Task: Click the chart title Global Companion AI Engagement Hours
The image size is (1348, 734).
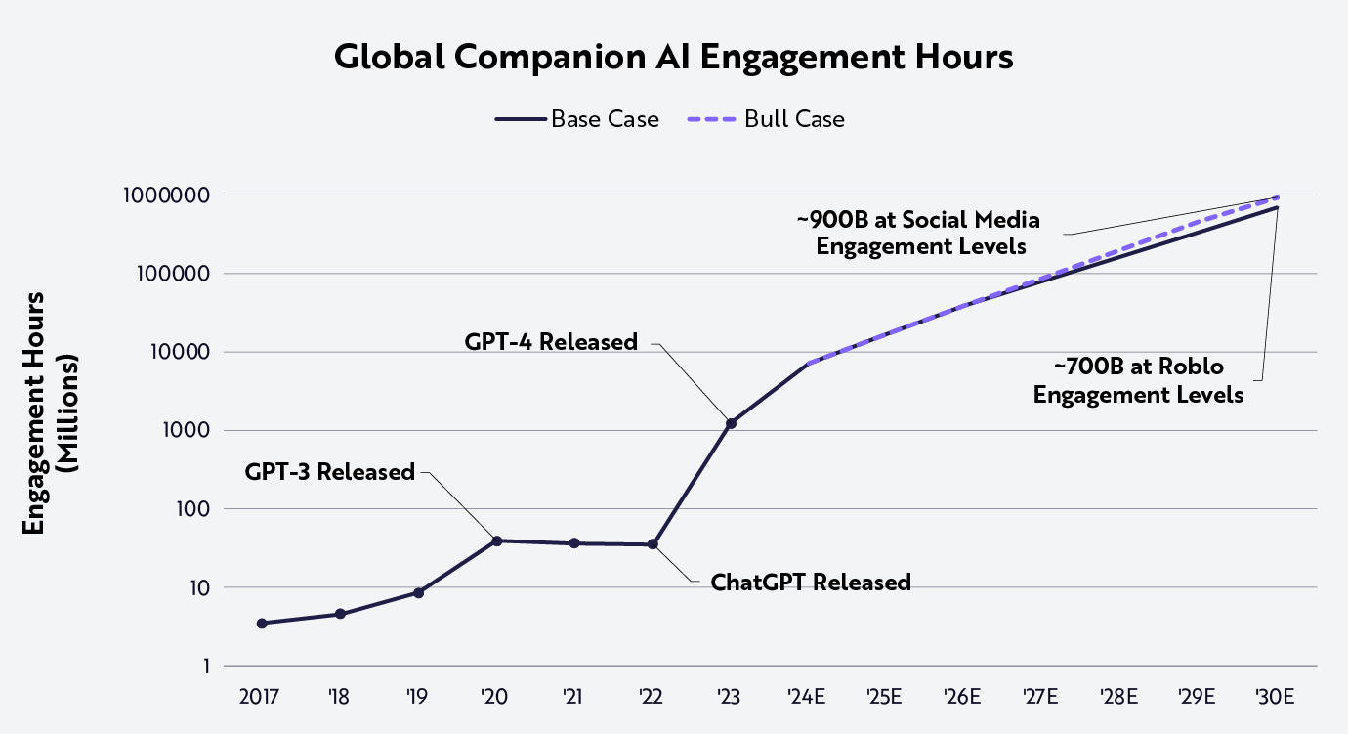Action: coord(673,58)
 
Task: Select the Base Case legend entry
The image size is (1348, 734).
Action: coord(576,119)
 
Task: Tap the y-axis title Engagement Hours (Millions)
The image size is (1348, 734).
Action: coord(49,413)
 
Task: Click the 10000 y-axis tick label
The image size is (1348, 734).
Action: coord(178,352)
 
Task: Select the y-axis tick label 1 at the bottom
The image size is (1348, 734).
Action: coord(204,667)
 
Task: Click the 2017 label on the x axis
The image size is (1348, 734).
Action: coord(260,697)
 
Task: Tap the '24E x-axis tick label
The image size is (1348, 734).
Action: coord(807,697)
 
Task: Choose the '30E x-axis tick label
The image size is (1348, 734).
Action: coord(1275,697)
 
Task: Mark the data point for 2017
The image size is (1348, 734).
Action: coord(262,624)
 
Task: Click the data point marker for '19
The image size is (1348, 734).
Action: coord(418,592)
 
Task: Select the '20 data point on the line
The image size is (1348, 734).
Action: coord(496,540)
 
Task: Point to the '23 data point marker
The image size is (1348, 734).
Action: coord(730,423)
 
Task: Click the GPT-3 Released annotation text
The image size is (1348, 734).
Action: coord(330,472)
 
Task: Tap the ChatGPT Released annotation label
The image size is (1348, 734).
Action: coord(810,583)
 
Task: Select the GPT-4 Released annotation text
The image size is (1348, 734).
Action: coord(551,342)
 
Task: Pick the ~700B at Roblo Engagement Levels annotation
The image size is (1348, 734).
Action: coord(1138,381)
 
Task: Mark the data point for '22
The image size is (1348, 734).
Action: coord(653,544)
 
